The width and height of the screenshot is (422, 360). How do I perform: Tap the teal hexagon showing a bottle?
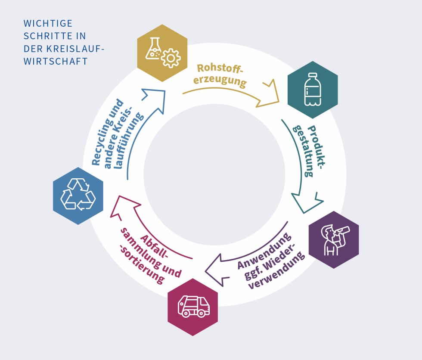coord(312,90)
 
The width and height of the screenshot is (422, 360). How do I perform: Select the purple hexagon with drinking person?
coord(334,239)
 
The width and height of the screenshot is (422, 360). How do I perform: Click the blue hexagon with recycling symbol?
coord(78,196)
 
